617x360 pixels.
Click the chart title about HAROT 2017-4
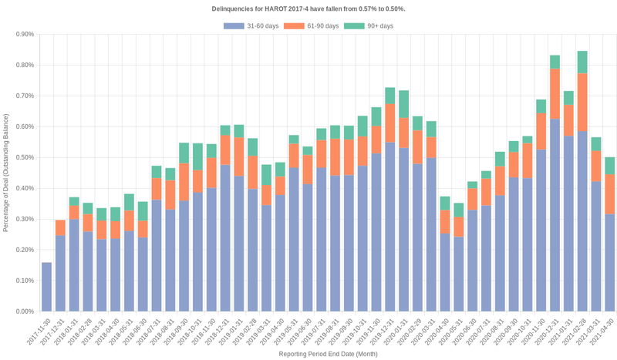pos(308,8)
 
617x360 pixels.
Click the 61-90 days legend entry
pos(312,26)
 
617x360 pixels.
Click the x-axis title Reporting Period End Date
pos(328,354)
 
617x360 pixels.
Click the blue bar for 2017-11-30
pos(46,287)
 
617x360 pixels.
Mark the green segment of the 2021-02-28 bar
pos(582,62)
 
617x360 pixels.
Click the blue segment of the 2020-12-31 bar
pos(555,215)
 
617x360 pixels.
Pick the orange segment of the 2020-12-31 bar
pos(555,93)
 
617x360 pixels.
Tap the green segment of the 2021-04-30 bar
pos(610,165)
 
